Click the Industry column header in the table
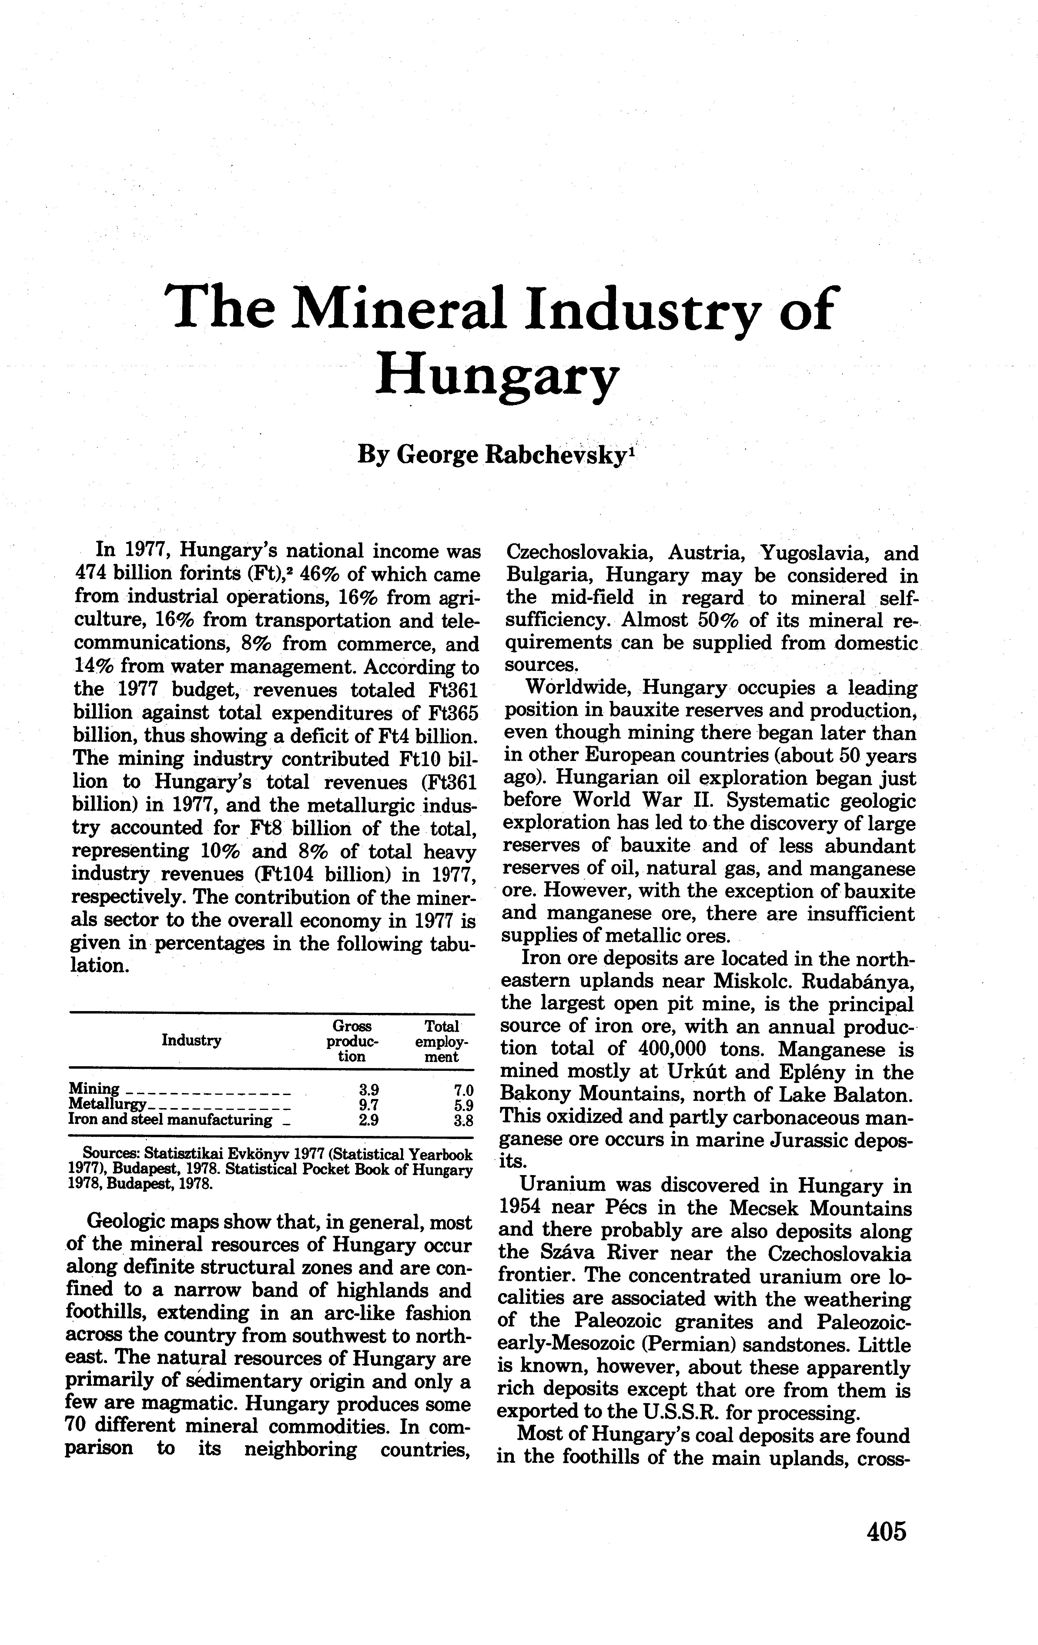[x=191, y=1040]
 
